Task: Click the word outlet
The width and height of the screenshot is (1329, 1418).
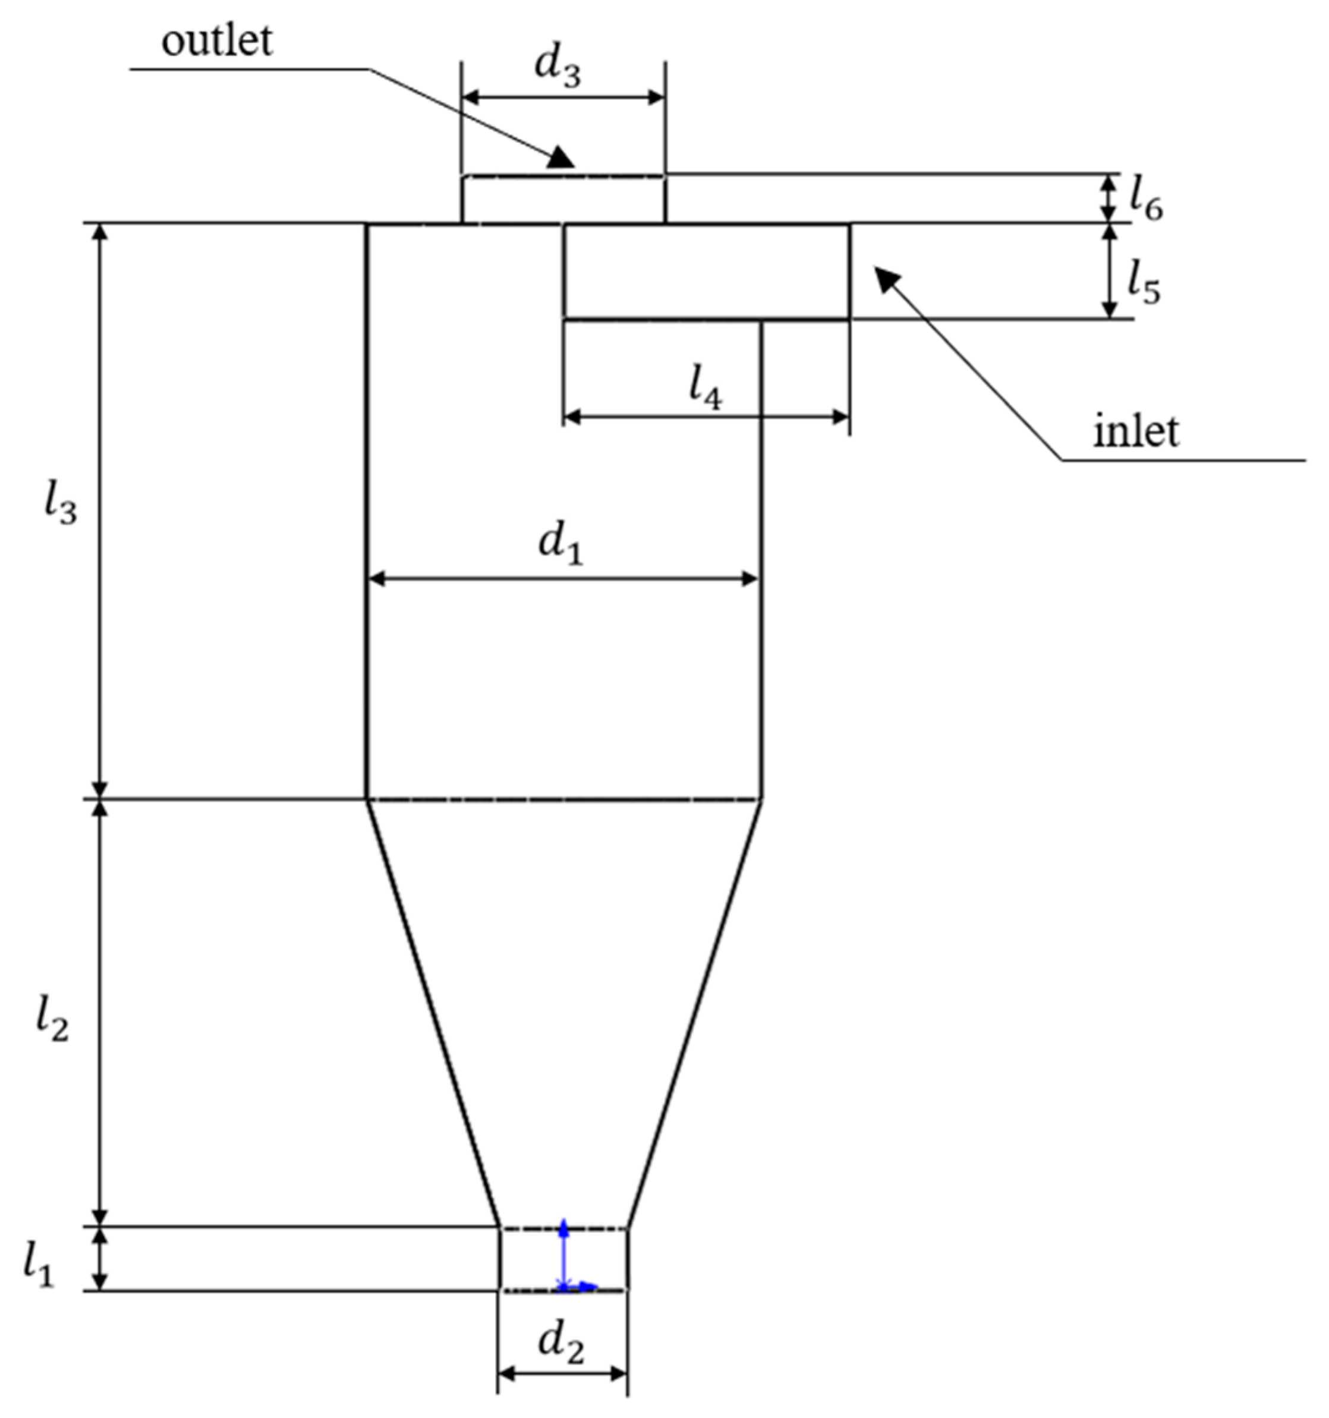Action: (216, 42)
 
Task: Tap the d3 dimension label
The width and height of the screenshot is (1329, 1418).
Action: (558, 68)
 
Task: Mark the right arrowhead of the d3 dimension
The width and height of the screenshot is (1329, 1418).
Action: (656, 97)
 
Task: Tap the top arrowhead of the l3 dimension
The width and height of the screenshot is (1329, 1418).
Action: (100, 232)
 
